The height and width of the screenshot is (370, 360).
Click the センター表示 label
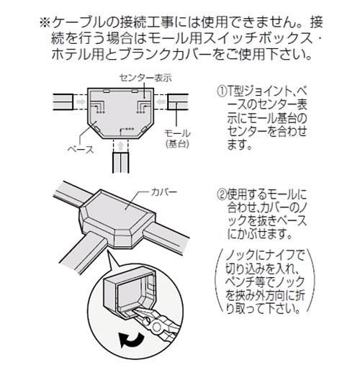145,78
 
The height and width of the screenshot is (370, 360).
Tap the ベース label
81,150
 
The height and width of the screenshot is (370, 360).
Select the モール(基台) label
177,138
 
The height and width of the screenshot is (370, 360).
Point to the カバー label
164,192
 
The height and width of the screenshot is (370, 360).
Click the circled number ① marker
222,91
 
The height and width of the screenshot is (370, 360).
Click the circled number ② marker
222,195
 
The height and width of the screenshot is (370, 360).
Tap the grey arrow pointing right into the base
81,101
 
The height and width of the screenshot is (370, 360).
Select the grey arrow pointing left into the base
161,101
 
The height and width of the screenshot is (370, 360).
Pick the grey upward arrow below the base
121,145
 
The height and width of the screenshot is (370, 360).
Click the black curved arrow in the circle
131,340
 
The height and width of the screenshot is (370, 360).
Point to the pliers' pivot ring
156,327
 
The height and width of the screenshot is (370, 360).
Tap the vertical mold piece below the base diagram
121,163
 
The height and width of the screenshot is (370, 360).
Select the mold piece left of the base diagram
63,101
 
